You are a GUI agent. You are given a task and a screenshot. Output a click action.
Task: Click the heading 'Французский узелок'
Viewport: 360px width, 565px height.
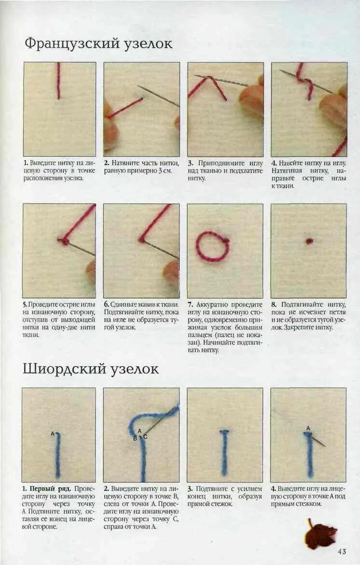tap(98, 43)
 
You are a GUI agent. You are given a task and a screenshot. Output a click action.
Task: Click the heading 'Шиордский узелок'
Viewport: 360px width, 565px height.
tap(91, 369)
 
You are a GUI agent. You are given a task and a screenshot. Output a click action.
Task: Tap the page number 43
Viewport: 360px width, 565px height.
tap(341, 551)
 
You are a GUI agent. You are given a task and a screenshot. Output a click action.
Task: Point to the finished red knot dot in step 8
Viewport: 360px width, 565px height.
tap(309, 241)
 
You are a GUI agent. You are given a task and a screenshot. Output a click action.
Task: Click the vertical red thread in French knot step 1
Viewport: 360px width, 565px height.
tap(59, 81)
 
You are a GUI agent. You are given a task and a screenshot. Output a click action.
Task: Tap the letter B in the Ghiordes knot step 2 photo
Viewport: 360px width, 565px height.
tap(135, 438)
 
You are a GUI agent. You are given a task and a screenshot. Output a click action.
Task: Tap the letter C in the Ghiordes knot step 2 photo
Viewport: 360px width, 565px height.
tap(145, 437)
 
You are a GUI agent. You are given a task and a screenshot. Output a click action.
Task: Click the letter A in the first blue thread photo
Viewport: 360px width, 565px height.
tap(53, 434)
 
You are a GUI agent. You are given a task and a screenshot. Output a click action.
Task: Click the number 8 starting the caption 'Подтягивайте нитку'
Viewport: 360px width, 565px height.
tap(273, 305)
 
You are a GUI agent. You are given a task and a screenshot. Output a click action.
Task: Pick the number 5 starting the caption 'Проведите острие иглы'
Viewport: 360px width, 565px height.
tap(25, 305)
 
